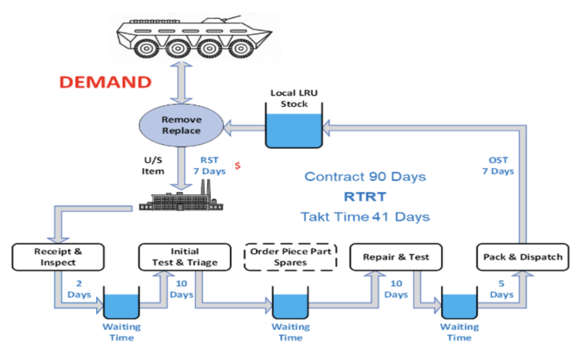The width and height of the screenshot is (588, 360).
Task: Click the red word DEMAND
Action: [x=106, y=82]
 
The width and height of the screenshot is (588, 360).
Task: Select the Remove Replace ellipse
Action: [x=181, y=125]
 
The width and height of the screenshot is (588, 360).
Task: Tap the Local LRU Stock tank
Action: [x=293, y=130]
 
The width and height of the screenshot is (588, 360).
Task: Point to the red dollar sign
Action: [x=237, y=165]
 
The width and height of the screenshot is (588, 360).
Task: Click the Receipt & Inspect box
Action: [x=58, y=257]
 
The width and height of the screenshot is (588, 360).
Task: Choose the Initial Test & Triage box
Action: [x=185, y=257]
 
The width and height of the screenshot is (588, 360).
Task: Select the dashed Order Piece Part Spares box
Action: [x=291, y=257]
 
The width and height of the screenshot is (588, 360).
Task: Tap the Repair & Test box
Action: [x=396, y=257]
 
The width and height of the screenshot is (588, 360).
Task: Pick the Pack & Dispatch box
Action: [x=523, y=257]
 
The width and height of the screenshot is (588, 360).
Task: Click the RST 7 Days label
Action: [x=209, y=166]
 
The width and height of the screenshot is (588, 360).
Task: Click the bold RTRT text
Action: [x=366, y=196]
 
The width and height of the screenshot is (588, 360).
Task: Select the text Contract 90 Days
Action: [x=365, y=176]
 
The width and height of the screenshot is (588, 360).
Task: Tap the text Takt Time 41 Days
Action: [x=365, y=217]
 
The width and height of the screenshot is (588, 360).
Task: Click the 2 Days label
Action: [x=80, y=289]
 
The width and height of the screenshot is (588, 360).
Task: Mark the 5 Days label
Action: [x=502, y=289]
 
